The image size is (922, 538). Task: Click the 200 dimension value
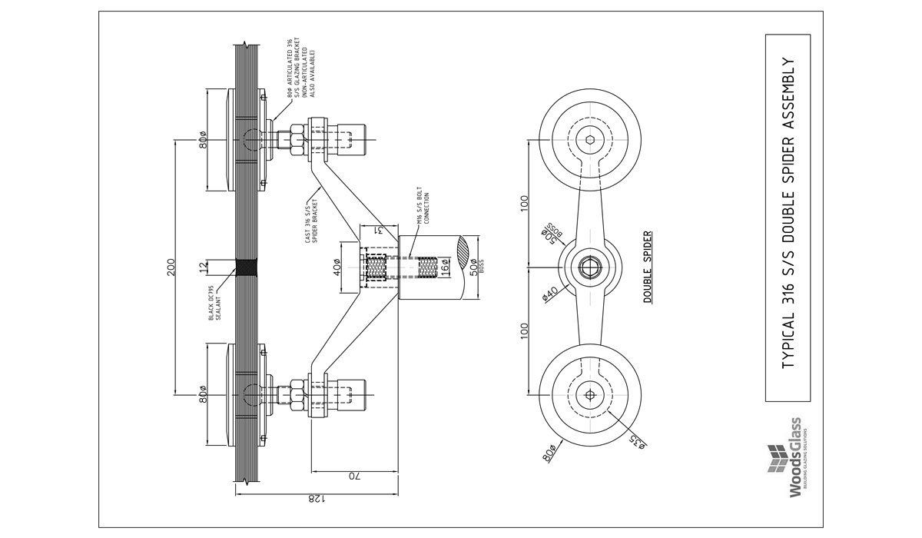point(171,267)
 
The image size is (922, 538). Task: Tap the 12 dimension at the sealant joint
point(203,267)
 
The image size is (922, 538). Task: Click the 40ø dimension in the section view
point(336,267)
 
